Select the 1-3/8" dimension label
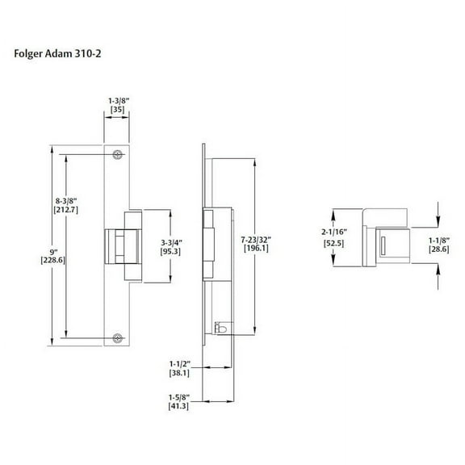118,101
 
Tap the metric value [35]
118,111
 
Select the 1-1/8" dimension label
439,241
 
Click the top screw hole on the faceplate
119,153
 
